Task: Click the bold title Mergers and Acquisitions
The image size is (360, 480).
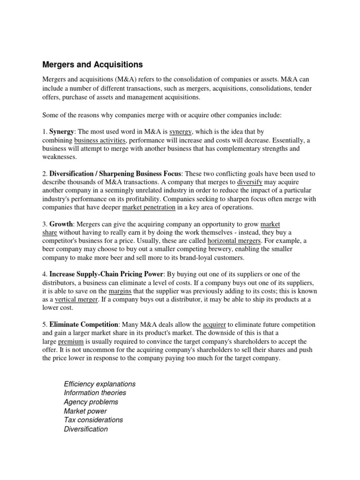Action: (92, 64)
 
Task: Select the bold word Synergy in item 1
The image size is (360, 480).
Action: (62, 132)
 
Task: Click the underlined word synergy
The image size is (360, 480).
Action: (180, 132)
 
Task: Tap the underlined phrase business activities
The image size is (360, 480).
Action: (100, 140)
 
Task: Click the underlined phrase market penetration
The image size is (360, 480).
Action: (149, 207)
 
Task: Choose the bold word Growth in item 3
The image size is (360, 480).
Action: (61, 224)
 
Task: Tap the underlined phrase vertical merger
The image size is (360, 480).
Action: (76, 300)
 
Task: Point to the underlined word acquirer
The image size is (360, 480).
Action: (214, 324)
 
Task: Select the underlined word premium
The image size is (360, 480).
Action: (70, 341)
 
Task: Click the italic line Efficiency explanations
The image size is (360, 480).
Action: (99, 384)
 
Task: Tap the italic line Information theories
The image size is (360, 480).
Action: (95, 393)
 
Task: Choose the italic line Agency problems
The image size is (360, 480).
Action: (91, 402)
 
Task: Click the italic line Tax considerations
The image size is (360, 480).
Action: (93, 420)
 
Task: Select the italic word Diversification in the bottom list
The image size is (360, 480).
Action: (86, 429)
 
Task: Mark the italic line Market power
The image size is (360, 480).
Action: (85, 411)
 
